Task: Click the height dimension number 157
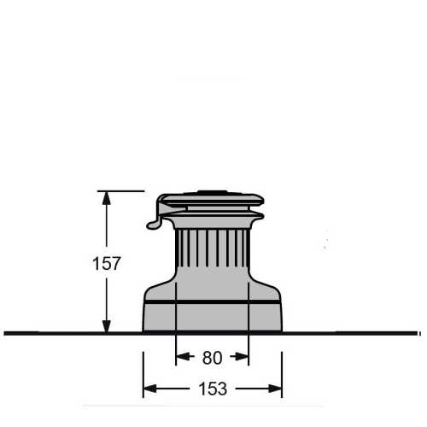(106, 264)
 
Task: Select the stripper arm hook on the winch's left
(154, 224)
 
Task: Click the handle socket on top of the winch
(209, 194)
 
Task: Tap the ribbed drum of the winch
(211, 252)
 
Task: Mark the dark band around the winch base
(212, 302)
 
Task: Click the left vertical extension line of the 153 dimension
(143, 367)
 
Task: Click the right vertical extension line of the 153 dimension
(282, 367)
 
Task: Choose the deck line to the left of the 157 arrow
(51, 332)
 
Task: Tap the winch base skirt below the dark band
(212, 318)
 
